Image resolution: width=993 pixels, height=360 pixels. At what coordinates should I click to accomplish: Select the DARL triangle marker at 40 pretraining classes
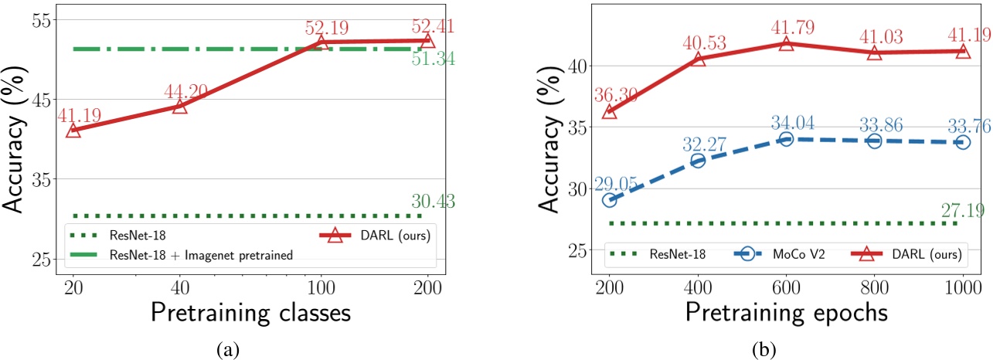[179, 106]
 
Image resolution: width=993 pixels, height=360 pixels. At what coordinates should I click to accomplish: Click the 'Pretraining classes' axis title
[250, 314]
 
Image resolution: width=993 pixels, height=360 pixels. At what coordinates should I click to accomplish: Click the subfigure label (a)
[226, 350]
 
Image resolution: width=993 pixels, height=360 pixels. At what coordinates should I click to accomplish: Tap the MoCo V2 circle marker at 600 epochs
[786, 139]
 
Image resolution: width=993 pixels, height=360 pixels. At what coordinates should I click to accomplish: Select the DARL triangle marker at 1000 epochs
[963, 51]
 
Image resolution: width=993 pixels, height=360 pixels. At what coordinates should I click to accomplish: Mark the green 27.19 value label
[962, 209]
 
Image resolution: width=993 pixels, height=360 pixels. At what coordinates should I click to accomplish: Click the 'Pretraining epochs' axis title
[786, 314]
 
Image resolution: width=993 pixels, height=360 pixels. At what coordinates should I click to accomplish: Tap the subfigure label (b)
[763, 350]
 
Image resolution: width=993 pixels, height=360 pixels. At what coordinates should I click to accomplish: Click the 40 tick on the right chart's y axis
[576, 66]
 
